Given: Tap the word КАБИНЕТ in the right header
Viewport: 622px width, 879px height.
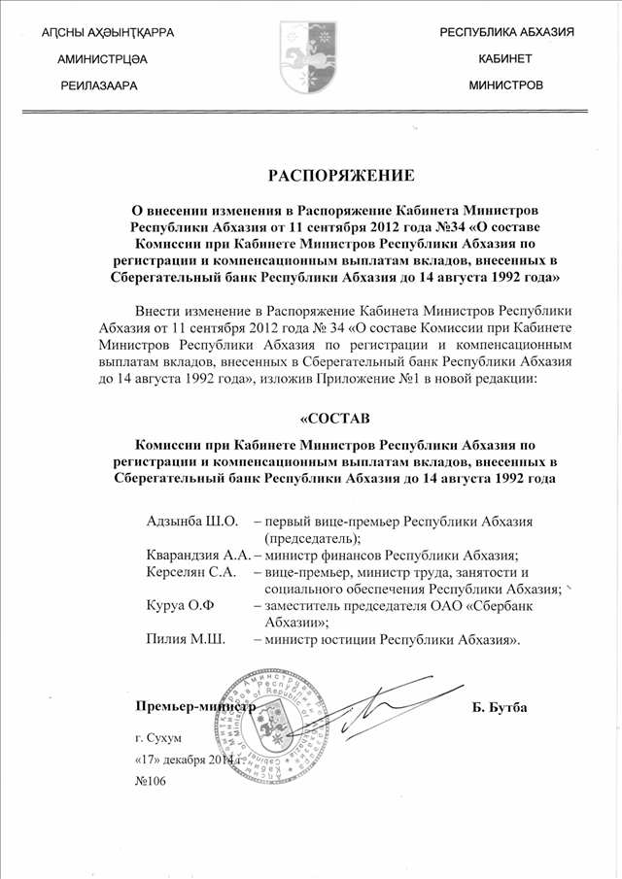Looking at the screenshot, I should (505, 59).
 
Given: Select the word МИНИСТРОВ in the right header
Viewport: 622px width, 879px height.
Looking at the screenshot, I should (505, 85).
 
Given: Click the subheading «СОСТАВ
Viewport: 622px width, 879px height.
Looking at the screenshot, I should (334, 420).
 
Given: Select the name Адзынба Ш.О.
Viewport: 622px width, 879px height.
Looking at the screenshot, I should (185, 522).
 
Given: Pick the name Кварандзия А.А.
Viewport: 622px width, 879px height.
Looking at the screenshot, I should (192, 556).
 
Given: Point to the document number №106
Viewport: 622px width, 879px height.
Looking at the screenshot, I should (152, 783).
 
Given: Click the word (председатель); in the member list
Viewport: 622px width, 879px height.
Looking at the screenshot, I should (312, 538).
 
